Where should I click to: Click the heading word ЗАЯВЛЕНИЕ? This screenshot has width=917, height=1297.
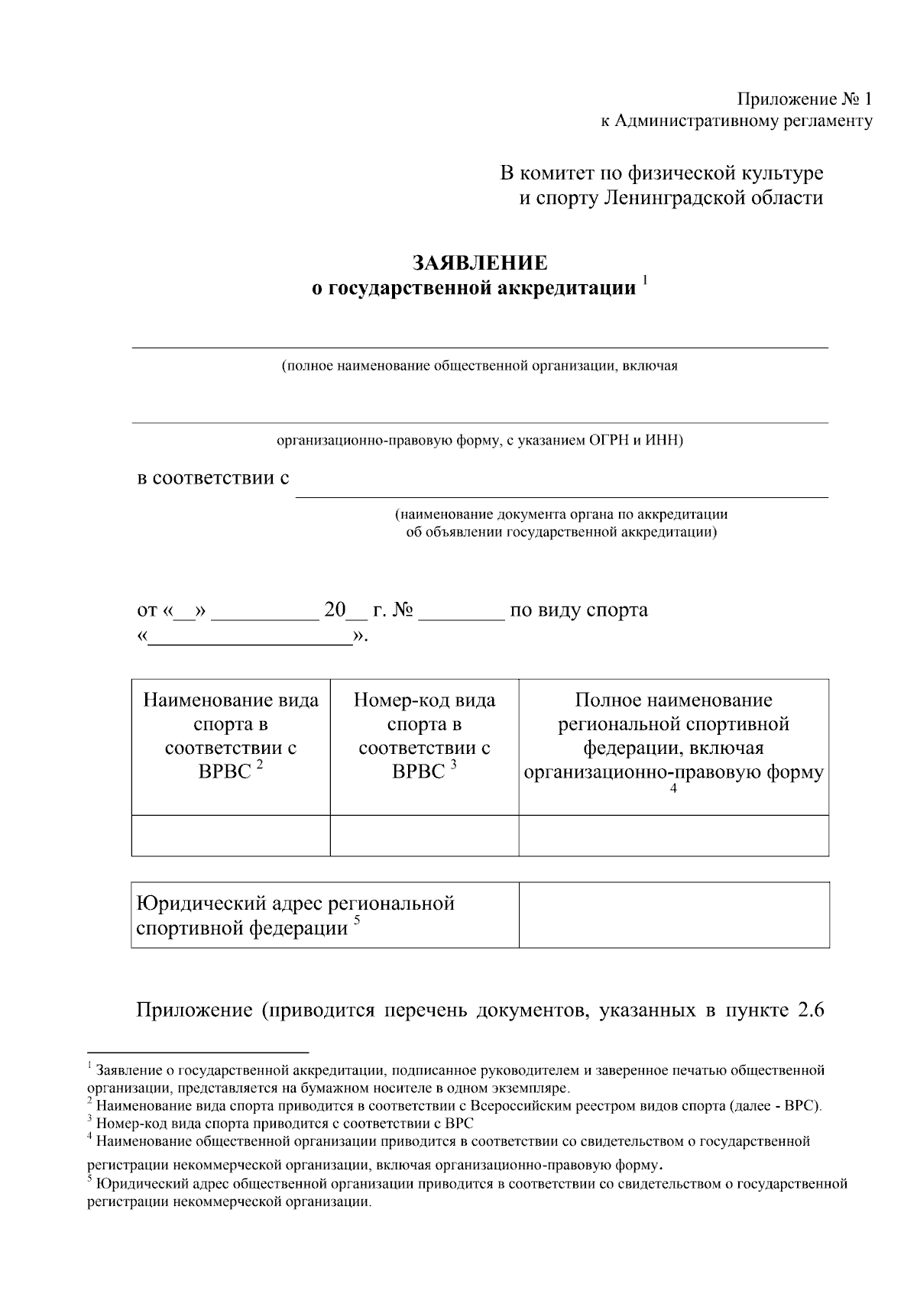click(480, 264)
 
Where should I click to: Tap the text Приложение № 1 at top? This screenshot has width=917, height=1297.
click(804, 99)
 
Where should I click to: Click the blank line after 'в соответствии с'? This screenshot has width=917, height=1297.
click(562, 489)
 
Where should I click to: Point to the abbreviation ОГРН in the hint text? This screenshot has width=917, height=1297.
click(609, 441)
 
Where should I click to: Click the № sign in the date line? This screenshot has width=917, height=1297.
click(403, 610)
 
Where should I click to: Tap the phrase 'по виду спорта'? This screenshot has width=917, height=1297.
click(578, 610)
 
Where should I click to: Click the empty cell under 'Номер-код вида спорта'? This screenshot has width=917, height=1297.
click(424, 835)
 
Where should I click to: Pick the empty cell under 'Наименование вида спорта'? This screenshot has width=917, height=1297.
click(231, 835)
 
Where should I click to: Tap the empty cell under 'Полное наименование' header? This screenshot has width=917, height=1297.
click(673, 835)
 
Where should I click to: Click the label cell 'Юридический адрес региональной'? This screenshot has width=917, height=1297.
click(295, 904)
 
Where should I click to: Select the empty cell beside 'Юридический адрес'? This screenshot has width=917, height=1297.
click(673, 915)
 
